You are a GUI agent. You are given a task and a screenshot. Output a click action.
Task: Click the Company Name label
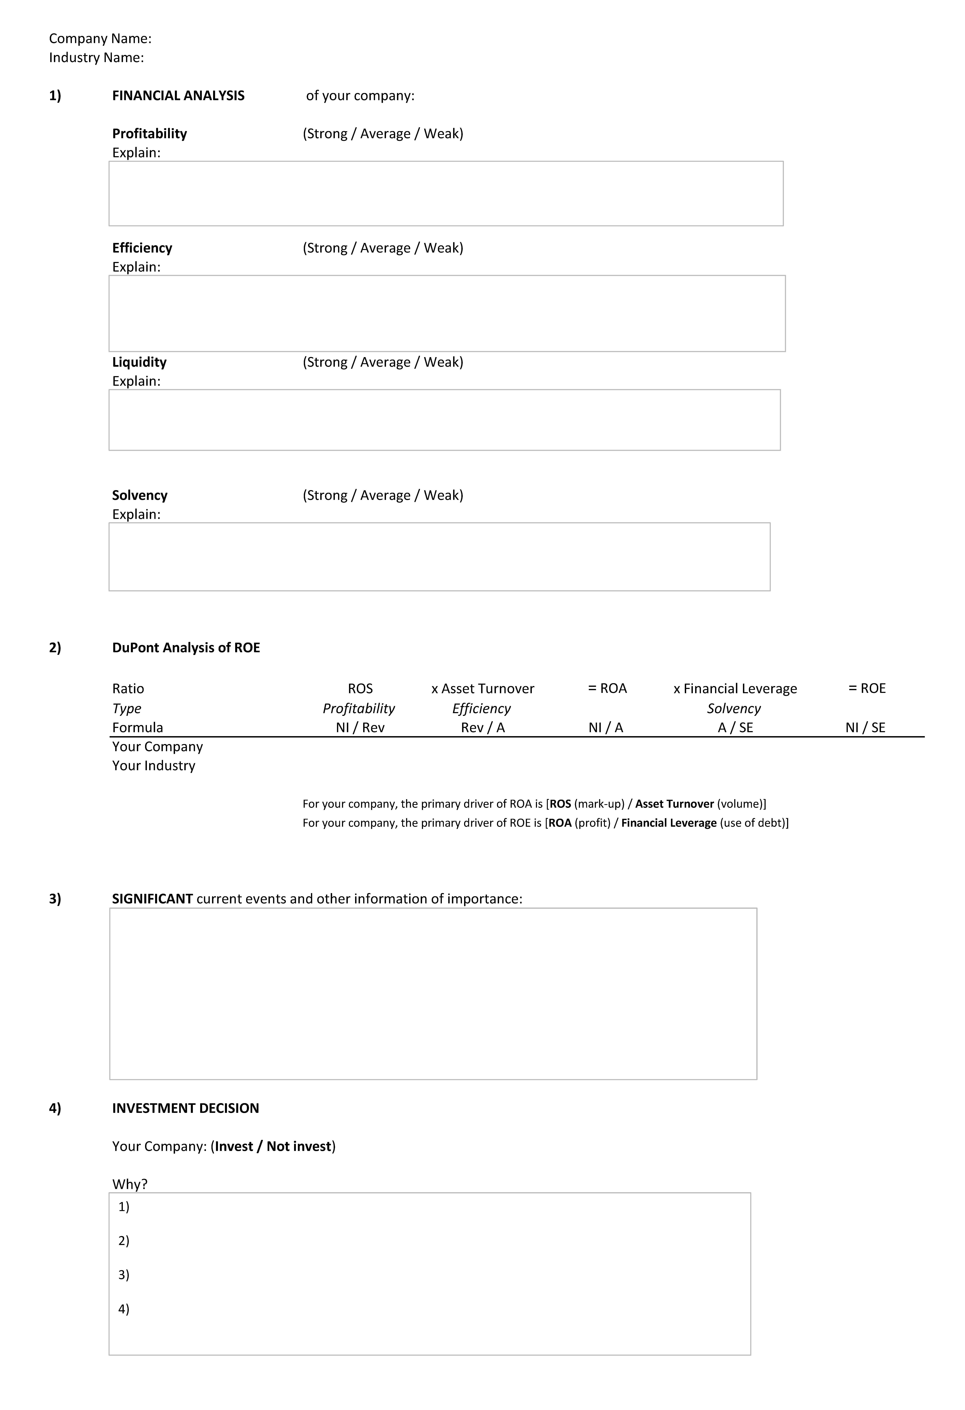click(x=100, y=39)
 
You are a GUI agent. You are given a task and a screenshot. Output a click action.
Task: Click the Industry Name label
click(x=96, y=58)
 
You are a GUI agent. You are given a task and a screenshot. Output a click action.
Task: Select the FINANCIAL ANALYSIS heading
click(x=178, y=96)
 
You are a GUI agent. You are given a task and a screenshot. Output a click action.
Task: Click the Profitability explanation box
click(x=446, y=193)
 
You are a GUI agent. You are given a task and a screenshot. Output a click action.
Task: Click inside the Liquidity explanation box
click(x=445, y=420)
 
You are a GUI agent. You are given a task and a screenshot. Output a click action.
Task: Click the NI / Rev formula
click(x=360, y=727)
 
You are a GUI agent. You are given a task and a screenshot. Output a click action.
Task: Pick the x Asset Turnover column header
click(x=483, y=689)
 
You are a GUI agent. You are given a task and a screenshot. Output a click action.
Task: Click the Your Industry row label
click(x=153, y=766)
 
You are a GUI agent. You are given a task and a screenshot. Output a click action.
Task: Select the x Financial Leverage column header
click(x=735, y=689)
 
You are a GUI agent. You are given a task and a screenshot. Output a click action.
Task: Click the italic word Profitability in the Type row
click(x=358, y=709)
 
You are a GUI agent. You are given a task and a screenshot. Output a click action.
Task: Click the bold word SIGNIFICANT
click(x=152, y=899)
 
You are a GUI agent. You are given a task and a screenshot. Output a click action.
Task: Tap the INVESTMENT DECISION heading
click(x=186, y=1108)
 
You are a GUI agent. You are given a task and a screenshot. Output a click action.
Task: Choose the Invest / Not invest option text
click(x=273, y=1146)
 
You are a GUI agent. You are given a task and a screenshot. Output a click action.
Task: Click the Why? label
click(x=130, y=1184)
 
